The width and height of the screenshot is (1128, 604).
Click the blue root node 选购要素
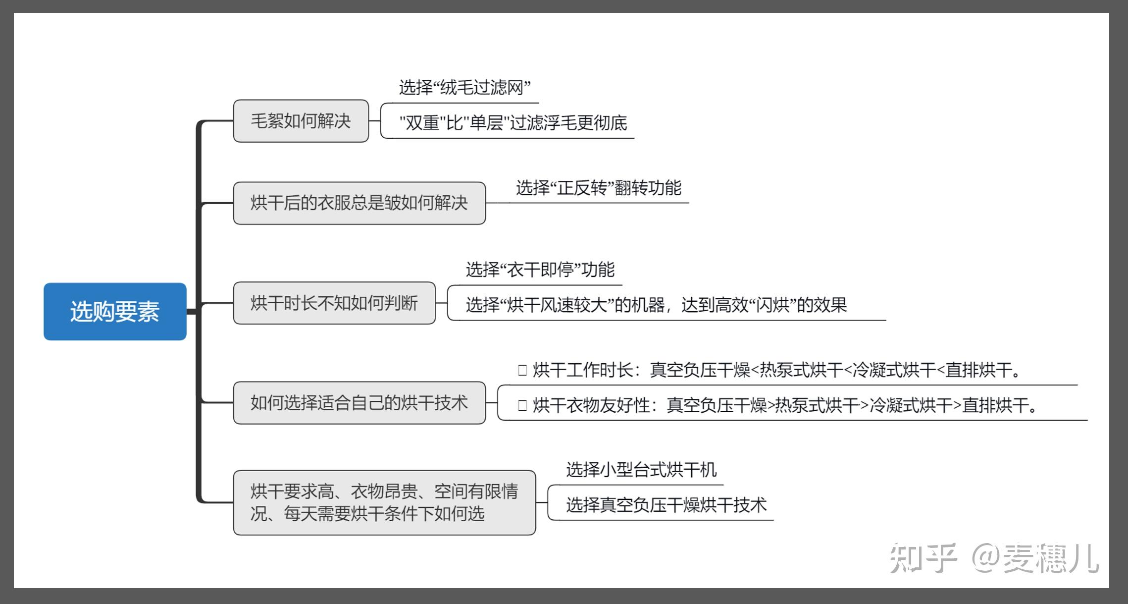(115, 312)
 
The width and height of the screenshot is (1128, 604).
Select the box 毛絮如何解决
(301, 121)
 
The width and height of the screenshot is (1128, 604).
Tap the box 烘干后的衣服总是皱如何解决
(359, 203)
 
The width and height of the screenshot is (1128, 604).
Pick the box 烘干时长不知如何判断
(334, 303)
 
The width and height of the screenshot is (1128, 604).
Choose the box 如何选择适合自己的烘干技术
(359, 403)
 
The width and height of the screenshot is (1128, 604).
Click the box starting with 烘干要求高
(384, 502)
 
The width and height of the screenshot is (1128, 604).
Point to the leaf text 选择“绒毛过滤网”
(464, 88)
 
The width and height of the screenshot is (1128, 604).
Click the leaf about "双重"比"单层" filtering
(513, 123)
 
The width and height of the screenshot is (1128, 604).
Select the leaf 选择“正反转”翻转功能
(598, 188)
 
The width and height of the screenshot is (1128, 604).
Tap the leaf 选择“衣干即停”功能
(540, 270)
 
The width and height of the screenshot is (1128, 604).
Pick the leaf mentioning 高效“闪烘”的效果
(656, 305)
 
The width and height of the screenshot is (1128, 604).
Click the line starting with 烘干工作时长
(775, 370)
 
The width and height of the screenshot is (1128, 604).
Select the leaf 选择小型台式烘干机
(641, 470)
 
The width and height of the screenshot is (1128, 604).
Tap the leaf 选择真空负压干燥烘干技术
(666, 505)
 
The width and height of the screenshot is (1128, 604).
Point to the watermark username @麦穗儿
(1035, 558)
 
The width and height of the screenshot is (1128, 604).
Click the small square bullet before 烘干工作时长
(522, 370)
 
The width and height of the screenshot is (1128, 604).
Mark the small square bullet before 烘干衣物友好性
(522, 405)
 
